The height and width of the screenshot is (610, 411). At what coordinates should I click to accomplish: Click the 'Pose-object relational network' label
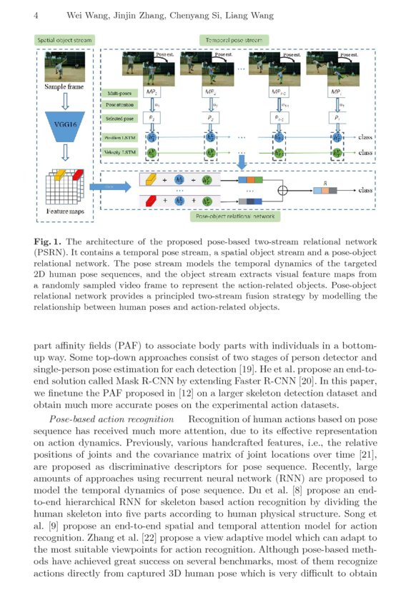pyautogui.click(x=235, y=214)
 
